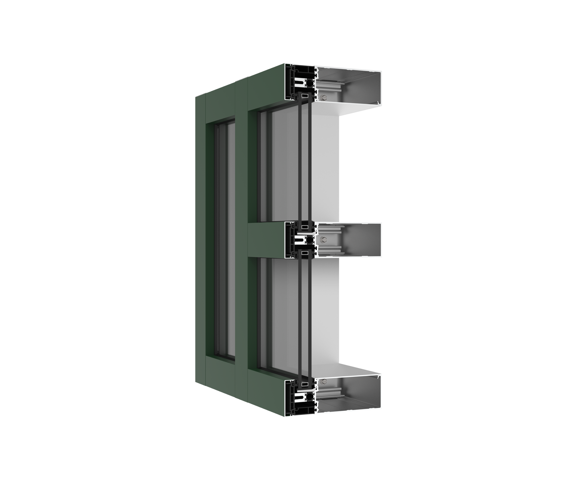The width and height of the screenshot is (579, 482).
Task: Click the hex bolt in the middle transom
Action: (324, 240)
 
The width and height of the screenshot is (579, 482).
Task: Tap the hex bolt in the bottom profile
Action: (324, 382)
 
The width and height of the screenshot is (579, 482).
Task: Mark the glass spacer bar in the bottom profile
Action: (305, 385)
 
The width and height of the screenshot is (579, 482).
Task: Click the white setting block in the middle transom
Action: (306, 233)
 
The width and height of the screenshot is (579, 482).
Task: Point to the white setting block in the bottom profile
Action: (306, 391)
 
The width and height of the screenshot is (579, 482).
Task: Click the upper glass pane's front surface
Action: (283, 163)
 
